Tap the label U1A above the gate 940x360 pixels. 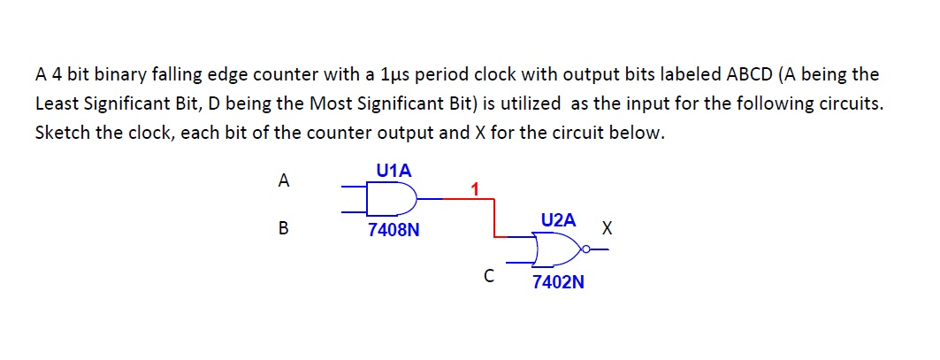pyautogui.click(x=394, y=171)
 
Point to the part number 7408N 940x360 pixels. pyautogui.click(x=394, y=232)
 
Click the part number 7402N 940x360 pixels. pyautogui.click(x=558, y=283)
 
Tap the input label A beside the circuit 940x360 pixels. pyautogui.click(x=283, y=181)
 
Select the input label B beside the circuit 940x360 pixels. pyautogui.click(x=283, y=228)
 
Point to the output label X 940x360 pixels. pyautogui.click(x=606, y=228)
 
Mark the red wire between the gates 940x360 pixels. pyautogui.click(x=493, y=218)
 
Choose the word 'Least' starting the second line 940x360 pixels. pyautogui.click(x=56, y=103)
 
